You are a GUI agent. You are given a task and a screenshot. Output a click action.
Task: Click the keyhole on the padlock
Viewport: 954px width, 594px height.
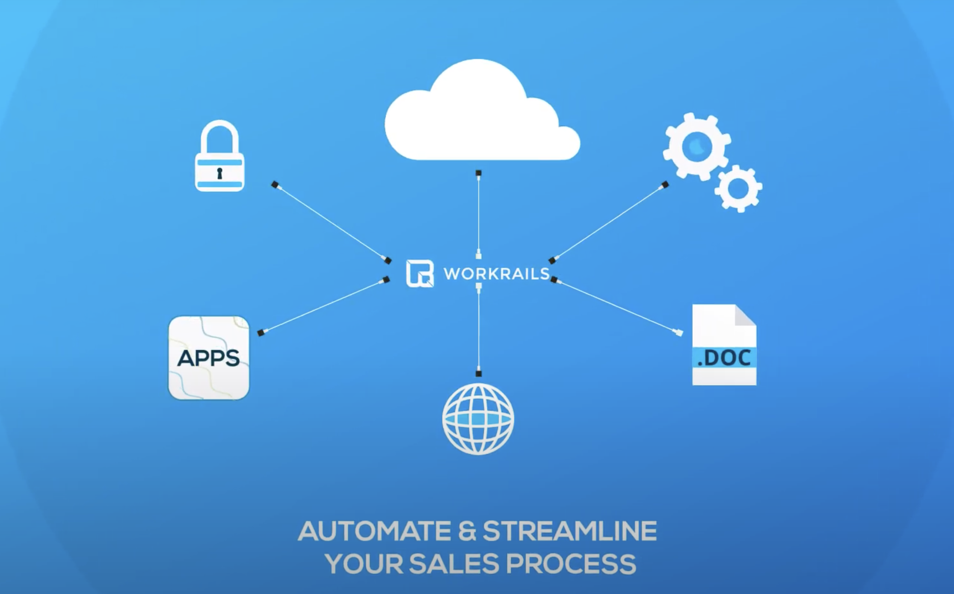(x=220, y=173)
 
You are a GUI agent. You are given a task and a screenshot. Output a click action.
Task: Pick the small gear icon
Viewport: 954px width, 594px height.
(x=738, y=188)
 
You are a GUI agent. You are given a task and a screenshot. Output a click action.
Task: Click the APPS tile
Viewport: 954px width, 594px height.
(x=209, y=358)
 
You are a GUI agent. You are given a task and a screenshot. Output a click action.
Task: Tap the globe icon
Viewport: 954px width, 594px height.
(x=478, y=418)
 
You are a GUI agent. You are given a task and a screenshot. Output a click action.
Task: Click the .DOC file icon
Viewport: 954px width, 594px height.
(x=724, y=345)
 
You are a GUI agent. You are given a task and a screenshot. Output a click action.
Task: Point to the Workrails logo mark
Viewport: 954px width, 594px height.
(x=420, y=273)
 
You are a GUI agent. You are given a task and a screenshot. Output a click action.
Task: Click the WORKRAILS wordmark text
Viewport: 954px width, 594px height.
(x=496, y=274)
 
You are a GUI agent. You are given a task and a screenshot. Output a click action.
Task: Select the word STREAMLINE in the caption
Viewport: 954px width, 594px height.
(x=569, y=531)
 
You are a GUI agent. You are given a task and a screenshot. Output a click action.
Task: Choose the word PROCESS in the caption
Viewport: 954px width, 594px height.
(x=571, y=564)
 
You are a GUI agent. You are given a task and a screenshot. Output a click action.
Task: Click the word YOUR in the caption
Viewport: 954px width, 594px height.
(x=364, y=564)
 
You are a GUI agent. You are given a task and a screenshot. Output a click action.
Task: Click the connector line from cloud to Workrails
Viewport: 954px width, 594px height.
(x=479, y=214)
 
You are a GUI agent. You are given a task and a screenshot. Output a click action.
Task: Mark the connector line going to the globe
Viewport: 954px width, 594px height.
(x=479, y=329)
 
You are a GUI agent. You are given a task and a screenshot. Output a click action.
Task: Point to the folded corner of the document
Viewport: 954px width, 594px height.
(x=745, y=315)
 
